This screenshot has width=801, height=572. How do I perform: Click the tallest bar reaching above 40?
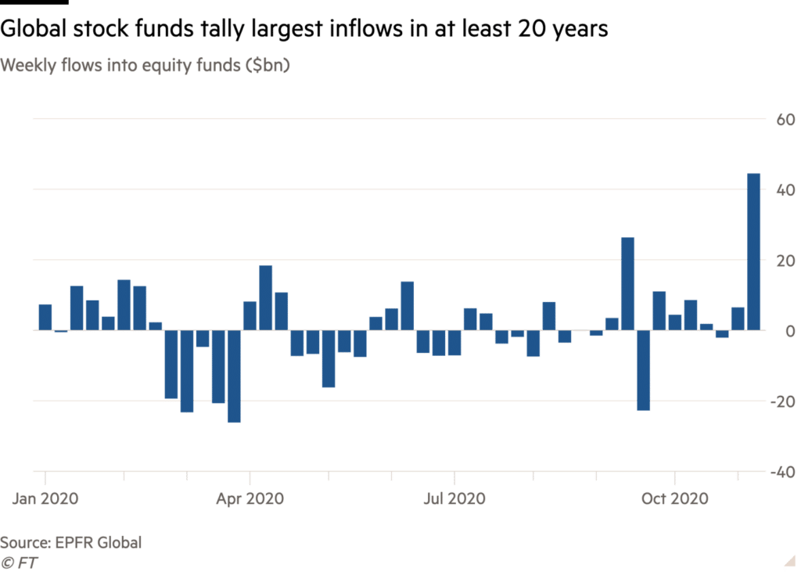pos(753,251)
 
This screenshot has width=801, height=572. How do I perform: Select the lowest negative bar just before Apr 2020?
pos(234,376)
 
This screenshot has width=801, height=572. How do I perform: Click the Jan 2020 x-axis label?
pos(47,498)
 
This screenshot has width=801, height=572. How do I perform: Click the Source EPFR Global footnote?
pos(70,542)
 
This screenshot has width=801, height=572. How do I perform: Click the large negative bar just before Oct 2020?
pos(643,370)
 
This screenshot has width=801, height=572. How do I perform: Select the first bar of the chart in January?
pos(45,317)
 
